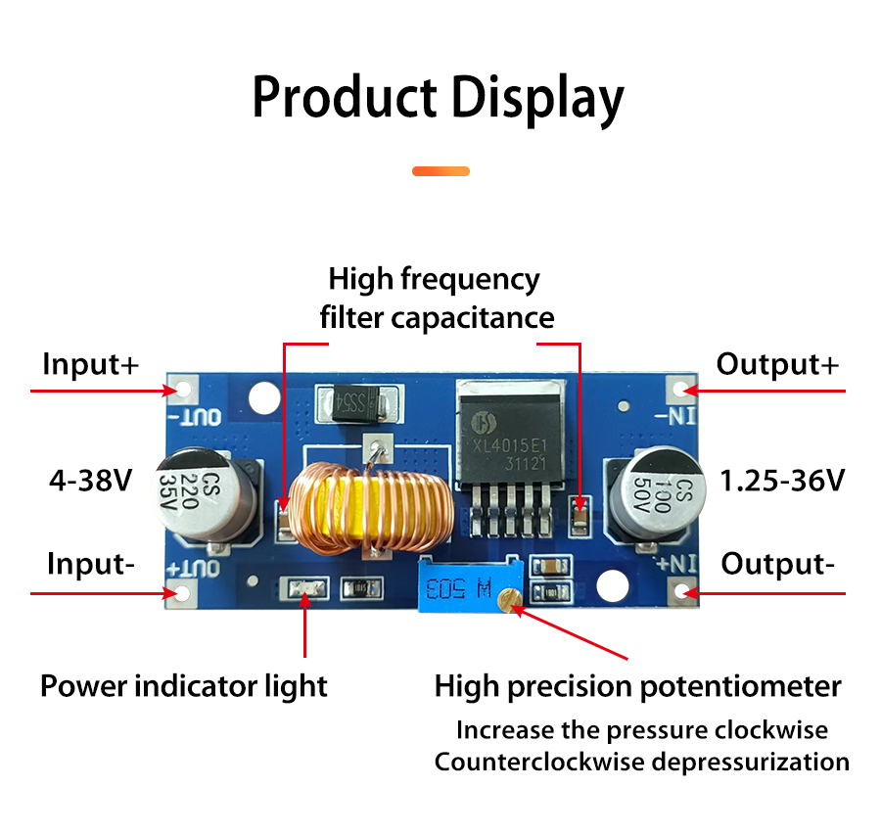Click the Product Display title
pos(439,98)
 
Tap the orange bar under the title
pos(440,171)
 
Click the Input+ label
pos(90,364)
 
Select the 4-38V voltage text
pos(90,481)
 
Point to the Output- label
pos(777,564)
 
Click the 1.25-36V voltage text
pos(782,481)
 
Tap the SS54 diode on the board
pos(358,403)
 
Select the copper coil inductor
pos(372,506)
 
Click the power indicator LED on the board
pos(306,588)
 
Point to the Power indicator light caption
pos(184,687)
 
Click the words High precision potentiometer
pos(637,687)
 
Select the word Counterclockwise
pos(539,763)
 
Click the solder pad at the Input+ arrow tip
pos(184,390)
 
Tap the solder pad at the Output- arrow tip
pos(681,592)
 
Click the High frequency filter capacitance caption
pos(437,299)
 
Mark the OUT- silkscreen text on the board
pos(196,417)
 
